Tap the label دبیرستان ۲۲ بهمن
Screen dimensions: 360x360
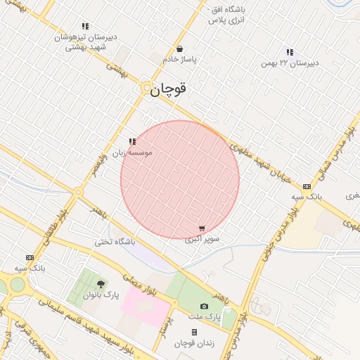(290, 63)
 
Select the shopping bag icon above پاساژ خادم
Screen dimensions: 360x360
(181, 49)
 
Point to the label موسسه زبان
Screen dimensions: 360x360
(134, 152)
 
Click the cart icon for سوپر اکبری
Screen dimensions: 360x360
(202, 229)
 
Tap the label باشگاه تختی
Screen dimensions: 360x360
(115, 242)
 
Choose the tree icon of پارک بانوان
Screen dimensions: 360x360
(101, 284)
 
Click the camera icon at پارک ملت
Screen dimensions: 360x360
(204, 306)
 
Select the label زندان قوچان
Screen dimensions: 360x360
(194, 343)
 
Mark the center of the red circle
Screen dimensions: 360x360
(180, 179)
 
